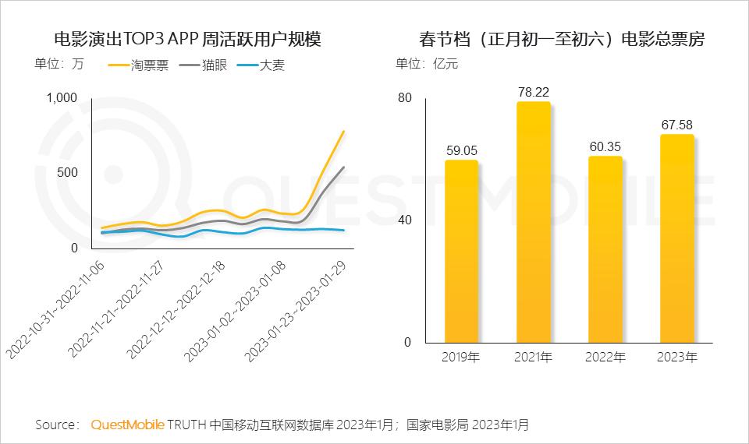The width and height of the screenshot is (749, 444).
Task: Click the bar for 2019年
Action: coord(461,252)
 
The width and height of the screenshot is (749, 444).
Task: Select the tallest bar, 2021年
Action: coord(533,223)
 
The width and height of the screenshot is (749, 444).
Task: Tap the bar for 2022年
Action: coord(605,249)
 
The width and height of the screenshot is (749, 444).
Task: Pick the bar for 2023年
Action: coord(676,238)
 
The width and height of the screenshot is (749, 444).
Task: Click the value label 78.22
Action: coord(533,92)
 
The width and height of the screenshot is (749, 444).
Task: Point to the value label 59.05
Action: coord(461,150)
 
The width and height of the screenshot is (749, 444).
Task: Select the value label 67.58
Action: coord(676,125)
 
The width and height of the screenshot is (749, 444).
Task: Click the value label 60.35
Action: coord(605,146)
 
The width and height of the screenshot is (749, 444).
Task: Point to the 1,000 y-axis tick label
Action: coord(62,97)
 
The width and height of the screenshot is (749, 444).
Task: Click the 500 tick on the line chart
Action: coord(69,172)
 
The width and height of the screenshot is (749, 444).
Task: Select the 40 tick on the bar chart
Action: coord(404,220)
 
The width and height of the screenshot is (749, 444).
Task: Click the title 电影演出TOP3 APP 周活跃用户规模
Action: coord(186,40)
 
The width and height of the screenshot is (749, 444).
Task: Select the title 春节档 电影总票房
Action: coord(561,40)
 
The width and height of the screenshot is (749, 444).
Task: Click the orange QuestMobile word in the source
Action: coord(127,425)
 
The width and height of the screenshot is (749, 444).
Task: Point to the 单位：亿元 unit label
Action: coord(427,64)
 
